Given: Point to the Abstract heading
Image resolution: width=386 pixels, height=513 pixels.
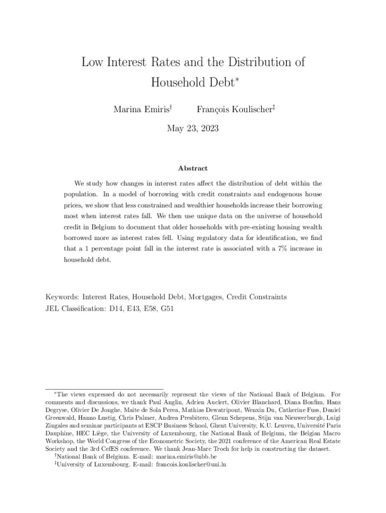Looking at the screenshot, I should coord(192,169).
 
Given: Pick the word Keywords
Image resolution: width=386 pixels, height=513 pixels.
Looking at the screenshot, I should coord(62,297).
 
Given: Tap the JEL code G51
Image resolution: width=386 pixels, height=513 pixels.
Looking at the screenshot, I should coord(167,308).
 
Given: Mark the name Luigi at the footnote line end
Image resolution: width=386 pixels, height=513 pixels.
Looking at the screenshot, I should coord(333,417).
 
